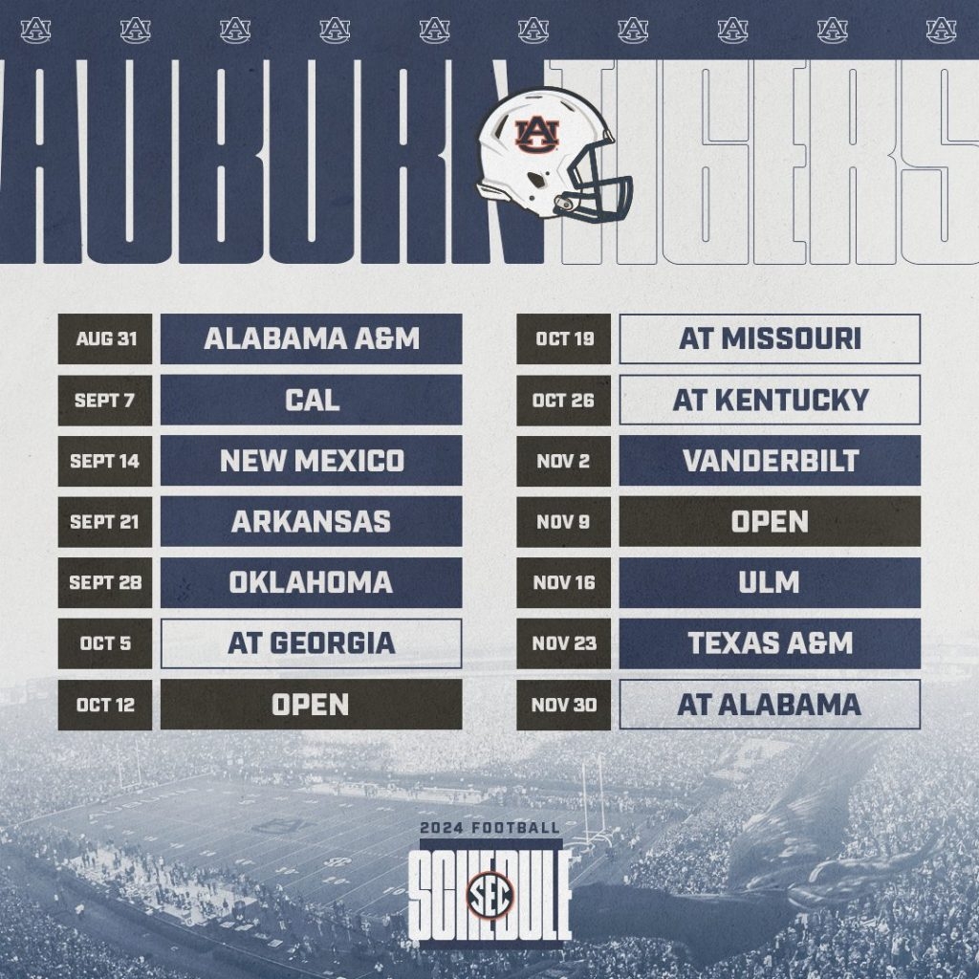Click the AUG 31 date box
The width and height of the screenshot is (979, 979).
coord(104,338)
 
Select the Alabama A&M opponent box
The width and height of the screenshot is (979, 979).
coord(311,338)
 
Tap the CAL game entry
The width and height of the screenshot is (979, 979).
coord(311,400)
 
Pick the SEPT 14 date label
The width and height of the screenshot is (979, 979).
coord(104,461)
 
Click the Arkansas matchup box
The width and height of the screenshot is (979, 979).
coord(311,522)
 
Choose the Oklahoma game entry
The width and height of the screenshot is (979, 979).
coord(311,582)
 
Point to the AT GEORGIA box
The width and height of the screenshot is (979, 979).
coord(311,643)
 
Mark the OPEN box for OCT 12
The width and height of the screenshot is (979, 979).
coord(311,705)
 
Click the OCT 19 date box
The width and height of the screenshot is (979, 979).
coord(563,338)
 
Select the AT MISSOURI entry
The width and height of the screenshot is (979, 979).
coord(770,338)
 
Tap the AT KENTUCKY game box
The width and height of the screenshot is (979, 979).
coord(770,400)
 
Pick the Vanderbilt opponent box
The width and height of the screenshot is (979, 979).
coord(770,461)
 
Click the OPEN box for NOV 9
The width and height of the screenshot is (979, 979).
coord(770,522)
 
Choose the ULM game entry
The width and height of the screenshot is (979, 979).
coord(770,582)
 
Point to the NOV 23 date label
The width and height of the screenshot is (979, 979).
coord(563,643)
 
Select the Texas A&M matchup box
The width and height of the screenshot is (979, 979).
coord(770,643)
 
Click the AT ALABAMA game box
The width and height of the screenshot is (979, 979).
coord(770,705)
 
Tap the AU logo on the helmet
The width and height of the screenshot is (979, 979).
coord(534,135)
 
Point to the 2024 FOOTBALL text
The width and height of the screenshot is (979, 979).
coord(489,828)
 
